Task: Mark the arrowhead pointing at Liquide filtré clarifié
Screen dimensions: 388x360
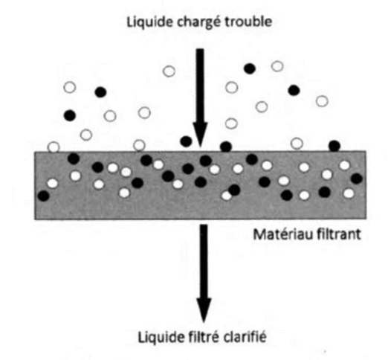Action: pos(204,309)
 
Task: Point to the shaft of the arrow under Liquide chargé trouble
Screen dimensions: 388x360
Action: pos(200,86)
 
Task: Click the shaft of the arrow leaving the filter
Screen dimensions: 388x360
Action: pos(204,261)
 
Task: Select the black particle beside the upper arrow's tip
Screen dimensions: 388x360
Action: pos(186,141)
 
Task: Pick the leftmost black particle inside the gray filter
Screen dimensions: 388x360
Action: pos(44,196)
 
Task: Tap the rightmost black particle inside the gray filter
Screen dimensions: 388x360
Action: pos(357,179)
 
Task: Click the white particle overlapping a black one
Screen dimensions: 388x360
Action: pos(226,196)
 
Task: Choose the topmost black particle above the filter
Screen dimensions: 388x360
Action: pos(250,68)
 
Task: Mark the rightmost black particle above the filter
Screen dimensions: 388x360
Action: pos(334,146)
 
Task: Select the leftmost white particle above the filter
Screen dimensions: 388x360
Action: pos(54,147)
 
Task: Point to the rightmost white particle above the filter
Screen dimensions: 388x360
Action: pos(322,101)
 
